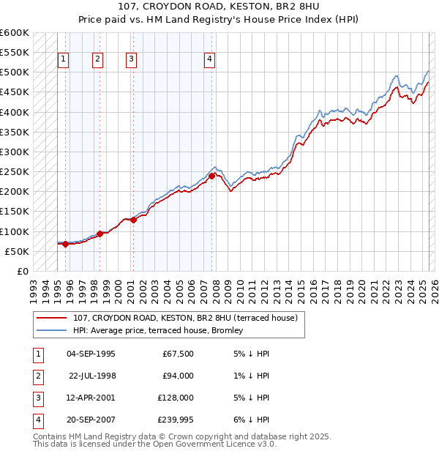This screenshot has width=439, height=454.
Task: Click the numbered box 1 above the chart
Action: tap(64, 60)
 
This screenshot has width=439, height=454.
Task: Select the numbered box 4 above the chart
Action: tap(209, 60)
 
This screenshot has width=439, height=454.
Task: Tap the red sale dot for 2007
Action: tap(211, 176)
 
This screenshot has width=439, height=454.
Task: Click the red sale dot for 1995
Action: tap(66, 245)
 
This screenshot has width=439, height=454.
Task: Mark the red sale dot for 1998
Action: tap(100, 234)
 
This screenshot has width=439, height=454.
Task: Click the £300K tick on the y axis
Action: tap(15, 152)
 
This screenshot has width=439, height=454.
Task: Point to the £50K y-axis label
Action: tap(18, 251)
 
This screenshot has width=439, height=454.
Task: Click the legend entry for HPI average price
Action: tap(162, 331)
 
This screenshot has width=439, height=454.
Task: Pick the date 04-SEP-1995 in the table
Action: tap(91, 354)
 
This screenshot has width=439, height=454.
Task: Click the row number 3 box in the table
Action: tap(36, 398)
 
